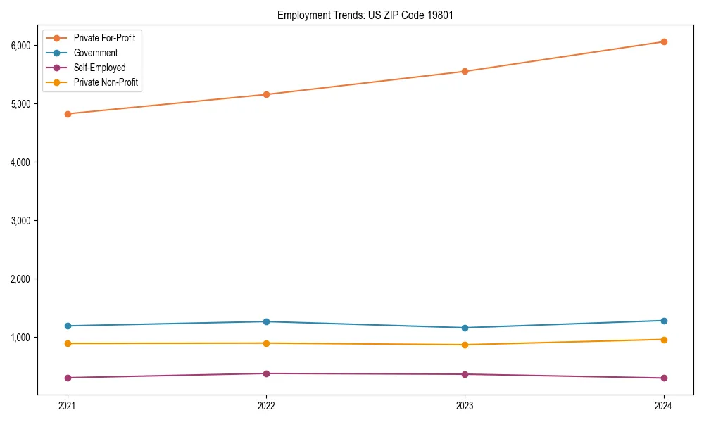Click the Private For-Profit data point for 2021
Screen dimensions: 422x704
68,114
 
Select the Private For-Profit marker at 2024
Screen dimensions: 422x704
663,41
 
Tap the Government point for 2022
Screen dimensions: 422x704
266,321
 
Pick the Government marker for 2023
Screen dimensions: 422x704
465,328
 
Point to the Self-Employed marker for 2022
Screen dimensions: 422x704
266,373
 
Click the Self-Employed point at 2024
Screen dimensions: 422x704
663,378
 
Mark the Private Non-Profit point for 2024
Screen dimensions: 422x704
663,340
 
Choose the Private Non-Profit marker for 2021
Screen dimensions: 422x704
68,343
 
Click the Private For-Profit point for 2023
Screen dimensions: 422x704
465,71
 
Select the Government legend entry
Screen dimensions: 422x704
95,53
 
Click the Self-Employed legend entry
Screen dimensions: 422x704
99,68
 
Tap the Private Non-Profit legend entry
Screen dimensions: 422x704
106,82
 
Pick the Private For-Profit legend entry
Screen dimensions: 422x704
104,38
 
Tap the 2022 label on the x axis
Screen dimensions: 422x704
266,405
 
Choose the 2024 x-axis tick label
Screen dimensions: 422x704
663,405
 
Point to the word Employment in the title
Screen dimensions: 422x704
301,15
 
